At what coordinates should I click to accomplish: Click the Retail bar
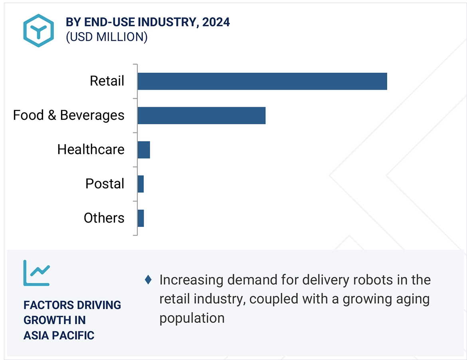[262, 81]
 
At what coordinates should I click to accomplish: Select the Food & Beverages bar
[201, 115]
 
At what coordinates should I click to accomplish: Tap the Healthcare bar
[144, 150]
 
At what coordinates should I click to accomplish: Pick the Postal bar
[140, 184]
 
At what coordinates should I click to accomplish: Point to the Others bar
[140, 218]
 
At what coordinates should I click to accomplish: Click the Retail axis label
[107, 81]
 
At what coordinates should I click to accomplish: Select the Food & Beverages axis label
[69, 115]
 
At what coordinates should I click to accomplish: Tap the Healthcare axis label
[91, 150]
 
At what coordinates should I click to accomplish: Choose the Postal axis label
[105, 184]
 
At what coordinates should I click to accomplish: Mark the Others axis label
[104, 218]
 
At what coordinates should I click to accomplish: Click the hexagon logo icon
[38, 30]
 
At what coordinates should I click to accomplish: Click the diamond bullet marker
[148, 280]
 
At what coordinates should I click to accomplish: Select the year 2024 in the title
[216, 22]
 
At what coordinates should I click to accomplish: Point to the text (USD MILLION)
[107, 37]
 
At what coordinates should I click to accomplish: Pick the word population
[192, 318]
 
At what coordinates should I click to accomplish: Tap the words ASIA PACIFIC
[59, 335]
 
